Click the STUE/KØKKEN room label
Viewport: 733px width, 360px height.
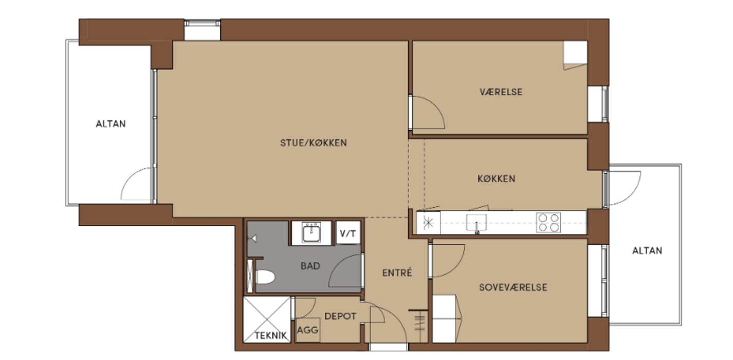[x=314, y=142]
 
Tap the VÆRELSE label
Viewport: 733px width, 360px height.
[x=501, y=92]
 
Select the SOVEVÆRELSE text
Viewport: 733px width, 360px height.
[x=513, y=287]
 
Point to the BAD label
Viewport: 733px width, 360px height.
[x=310, y=266]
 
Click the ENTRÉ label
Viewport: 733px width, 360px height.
[x=397, y=272]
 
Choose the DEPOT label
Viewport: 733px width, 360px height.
[x=340, y=316]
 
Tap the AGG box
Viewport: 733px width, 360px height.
[x=307, y=330]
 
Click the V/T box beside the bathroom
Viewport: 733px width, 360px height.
[x=348, y=232]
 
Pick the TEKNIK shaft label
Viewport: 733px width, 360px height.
[x=270, y=335]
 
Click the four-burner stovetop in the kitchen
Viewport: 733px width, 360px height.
[x=548, y=223]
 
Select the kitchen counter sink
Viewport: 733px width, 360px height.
[x=476, y=223]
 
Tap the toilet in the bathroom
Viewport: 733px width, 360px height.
[x=264, y=277]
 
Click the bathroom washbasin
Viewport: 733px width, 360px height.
[x=311, y=232]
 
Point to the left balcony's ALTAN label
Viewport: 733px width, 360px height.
[x=111, y=124]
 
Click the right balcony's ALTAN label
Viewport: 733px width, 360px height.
[x=647, y=250]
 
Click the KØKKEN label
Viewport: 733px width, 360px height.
[x=497, y=178]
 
